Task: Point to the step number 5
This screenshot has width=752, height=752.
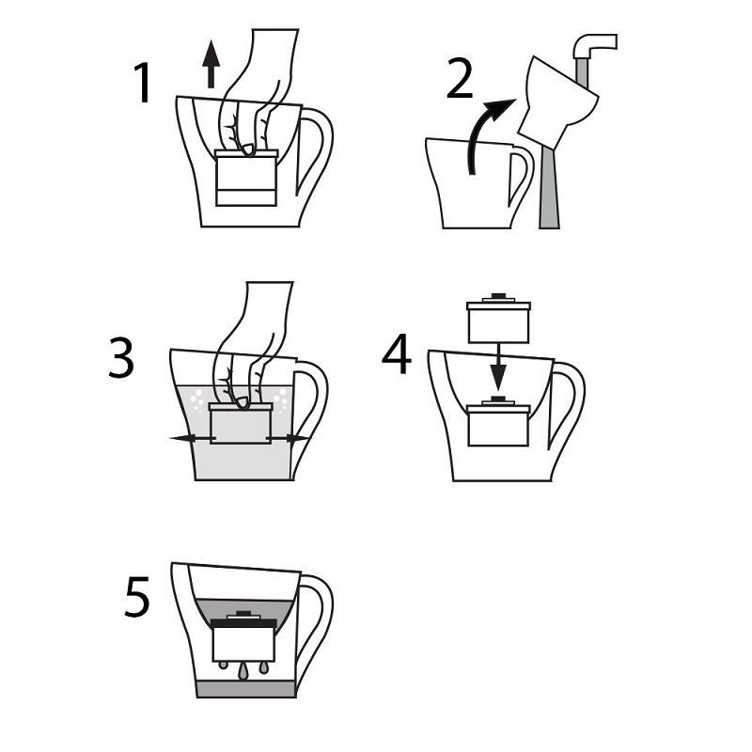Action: (x=137, y=599)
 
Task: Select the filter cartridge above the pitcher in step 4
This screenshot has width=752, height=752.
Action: (x=498, y=320)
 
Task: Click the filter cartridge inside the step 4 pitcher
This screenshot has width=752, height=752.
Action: (x=498, y=428)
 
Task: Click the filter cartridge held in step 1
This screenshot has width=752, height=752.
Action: (x=246, y=179)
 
